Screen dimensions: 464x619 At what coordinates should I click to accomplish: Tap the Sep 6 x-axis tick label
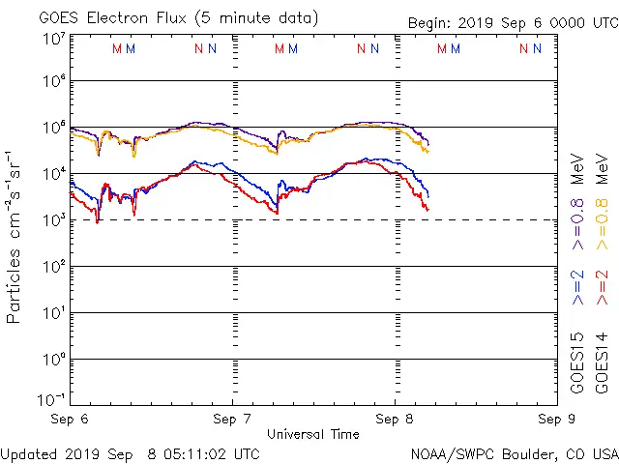click(x=70, y=420)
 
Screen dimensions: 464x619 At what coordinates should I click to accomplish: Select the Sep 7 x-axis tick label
click(x=232, y=420)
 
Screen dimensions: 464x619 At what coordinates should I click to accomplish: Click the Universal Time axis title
click(x=312, y=434)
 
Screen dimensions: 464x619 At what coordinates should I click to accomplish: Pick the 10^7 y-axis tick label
click(x=54, y=38)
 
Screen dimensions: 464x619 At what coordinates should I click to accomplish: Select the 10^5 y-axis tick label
click(x=54, y=129)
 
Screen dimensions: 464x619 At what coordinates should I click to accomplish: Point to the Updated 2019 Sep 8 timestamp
click(x=130, y=453)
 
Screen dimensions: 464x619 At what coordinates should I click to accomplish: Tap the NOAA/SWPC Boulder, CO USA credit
click(x=514, y=453)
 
